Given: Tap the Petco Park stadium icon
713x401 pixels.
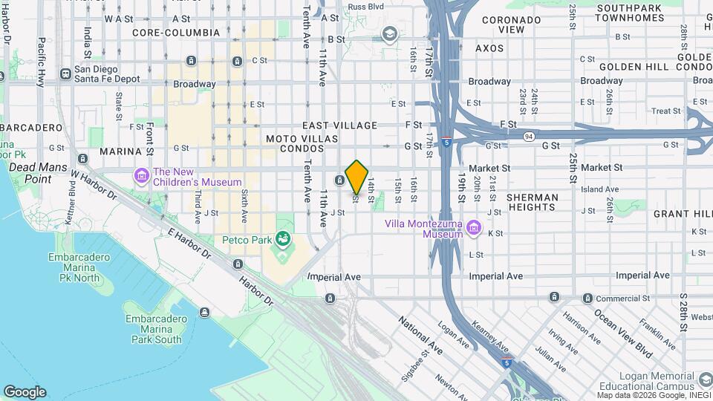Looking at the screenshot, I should click(x=282, y=238).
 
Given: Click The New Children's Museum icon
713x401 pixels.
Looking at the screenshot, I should click(x=141, y=175).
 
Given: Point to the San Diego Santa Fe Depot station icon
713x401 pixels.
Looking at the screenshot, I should click(x=66, y=74).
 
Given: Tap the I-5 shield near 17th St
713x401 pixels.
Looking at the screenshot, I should click(x=446, y=140).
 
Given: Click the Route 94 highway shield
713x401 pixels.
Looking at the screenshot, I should click(x=529, y=136).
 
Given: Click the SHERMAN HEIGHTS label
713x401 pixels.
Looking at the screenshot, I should click(x=532, y=202).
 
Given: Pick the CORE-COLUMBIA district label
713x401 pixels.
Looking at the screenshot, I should click(x=176, y=33).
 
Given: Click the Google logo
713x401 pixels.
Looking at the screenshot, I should click(x=25, y=392).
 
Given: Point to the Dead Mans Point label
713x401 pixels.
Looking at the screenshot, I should click(x=30, y=174).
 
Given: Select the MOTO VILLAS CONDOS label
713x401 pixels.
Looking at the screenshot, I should click(x=302, y=143).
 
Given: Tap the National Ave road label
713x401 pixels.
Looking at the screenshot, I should click(x=421, y=336).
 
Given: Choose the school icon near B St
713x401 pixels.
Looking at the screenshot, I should click(x=388, y=33).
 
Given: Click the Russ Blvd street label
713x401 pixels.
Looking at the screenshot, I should click(x=366, y=7).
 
